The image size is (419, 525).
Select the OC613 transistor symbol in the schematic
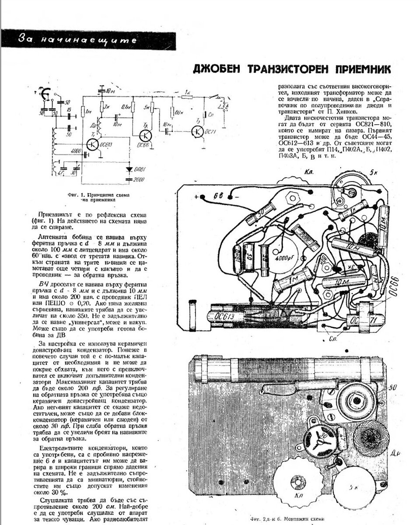(92, 145)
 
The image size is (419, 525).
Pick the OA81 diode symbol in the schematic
(129, 169)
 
